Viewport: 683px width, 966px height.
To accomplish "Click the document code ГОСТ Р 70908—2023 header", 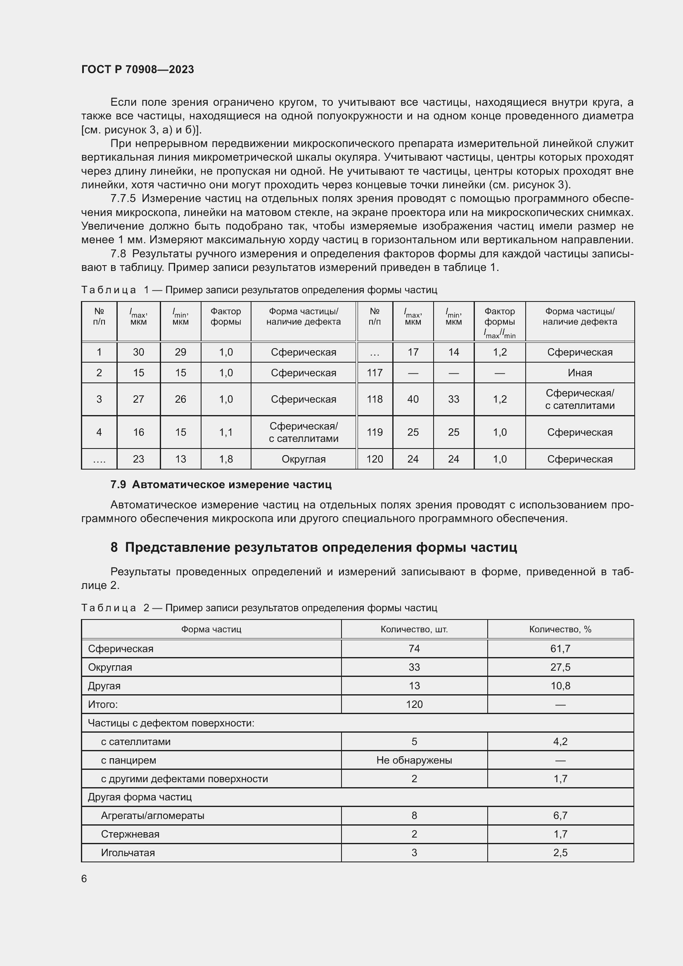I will click(138, 69).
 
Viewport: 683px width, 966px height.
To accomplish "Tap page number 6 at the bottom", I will click(84, 878).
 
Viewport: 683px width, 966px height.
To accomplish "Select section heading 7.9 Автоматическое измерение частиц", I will click(221, 484).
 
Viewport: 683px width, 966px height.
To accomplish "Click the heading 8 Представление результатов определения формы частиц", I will click(313, 547).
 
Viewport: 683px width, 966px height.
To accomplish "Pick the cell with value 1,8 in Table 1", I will click(226, 459).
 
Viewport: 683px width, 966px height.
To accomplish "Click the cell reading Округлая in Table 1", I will click(303, 459).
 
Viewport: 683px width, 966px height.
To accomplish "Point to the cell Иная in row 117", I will click(579, 373).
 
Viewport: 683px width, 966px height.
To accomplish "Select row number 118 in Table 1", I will click(374, 399).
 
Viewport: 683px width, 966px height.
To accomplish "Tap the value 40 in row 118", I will click(413, 399).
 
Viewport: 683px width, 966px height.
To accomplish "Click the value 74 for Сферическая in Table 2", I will click(414, 648).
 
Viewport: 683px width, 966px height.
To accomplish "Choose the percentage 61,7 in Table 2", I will click(560, 648).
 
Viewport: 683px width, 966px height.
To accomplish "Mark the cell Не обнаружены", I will click(414, 760).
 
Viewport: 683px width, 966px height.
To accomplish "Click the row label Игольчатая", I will click(128, 852).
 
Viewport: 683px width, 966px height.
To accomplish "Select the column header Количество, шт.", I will click(414, 629).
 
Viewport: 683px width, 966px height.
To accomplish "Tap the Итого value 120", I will click(414, 704).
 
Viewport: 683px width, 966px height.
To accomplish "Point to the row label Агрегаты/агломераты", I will click(152, 815).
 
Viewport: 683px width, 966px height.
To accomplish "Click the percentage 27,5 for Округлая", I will click(560, 667).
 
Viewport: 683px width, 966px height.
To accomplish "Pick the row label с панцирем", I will click(128, 760).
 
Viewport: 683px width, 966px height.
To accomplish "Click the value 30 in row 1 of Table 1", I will click(138, 352).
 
